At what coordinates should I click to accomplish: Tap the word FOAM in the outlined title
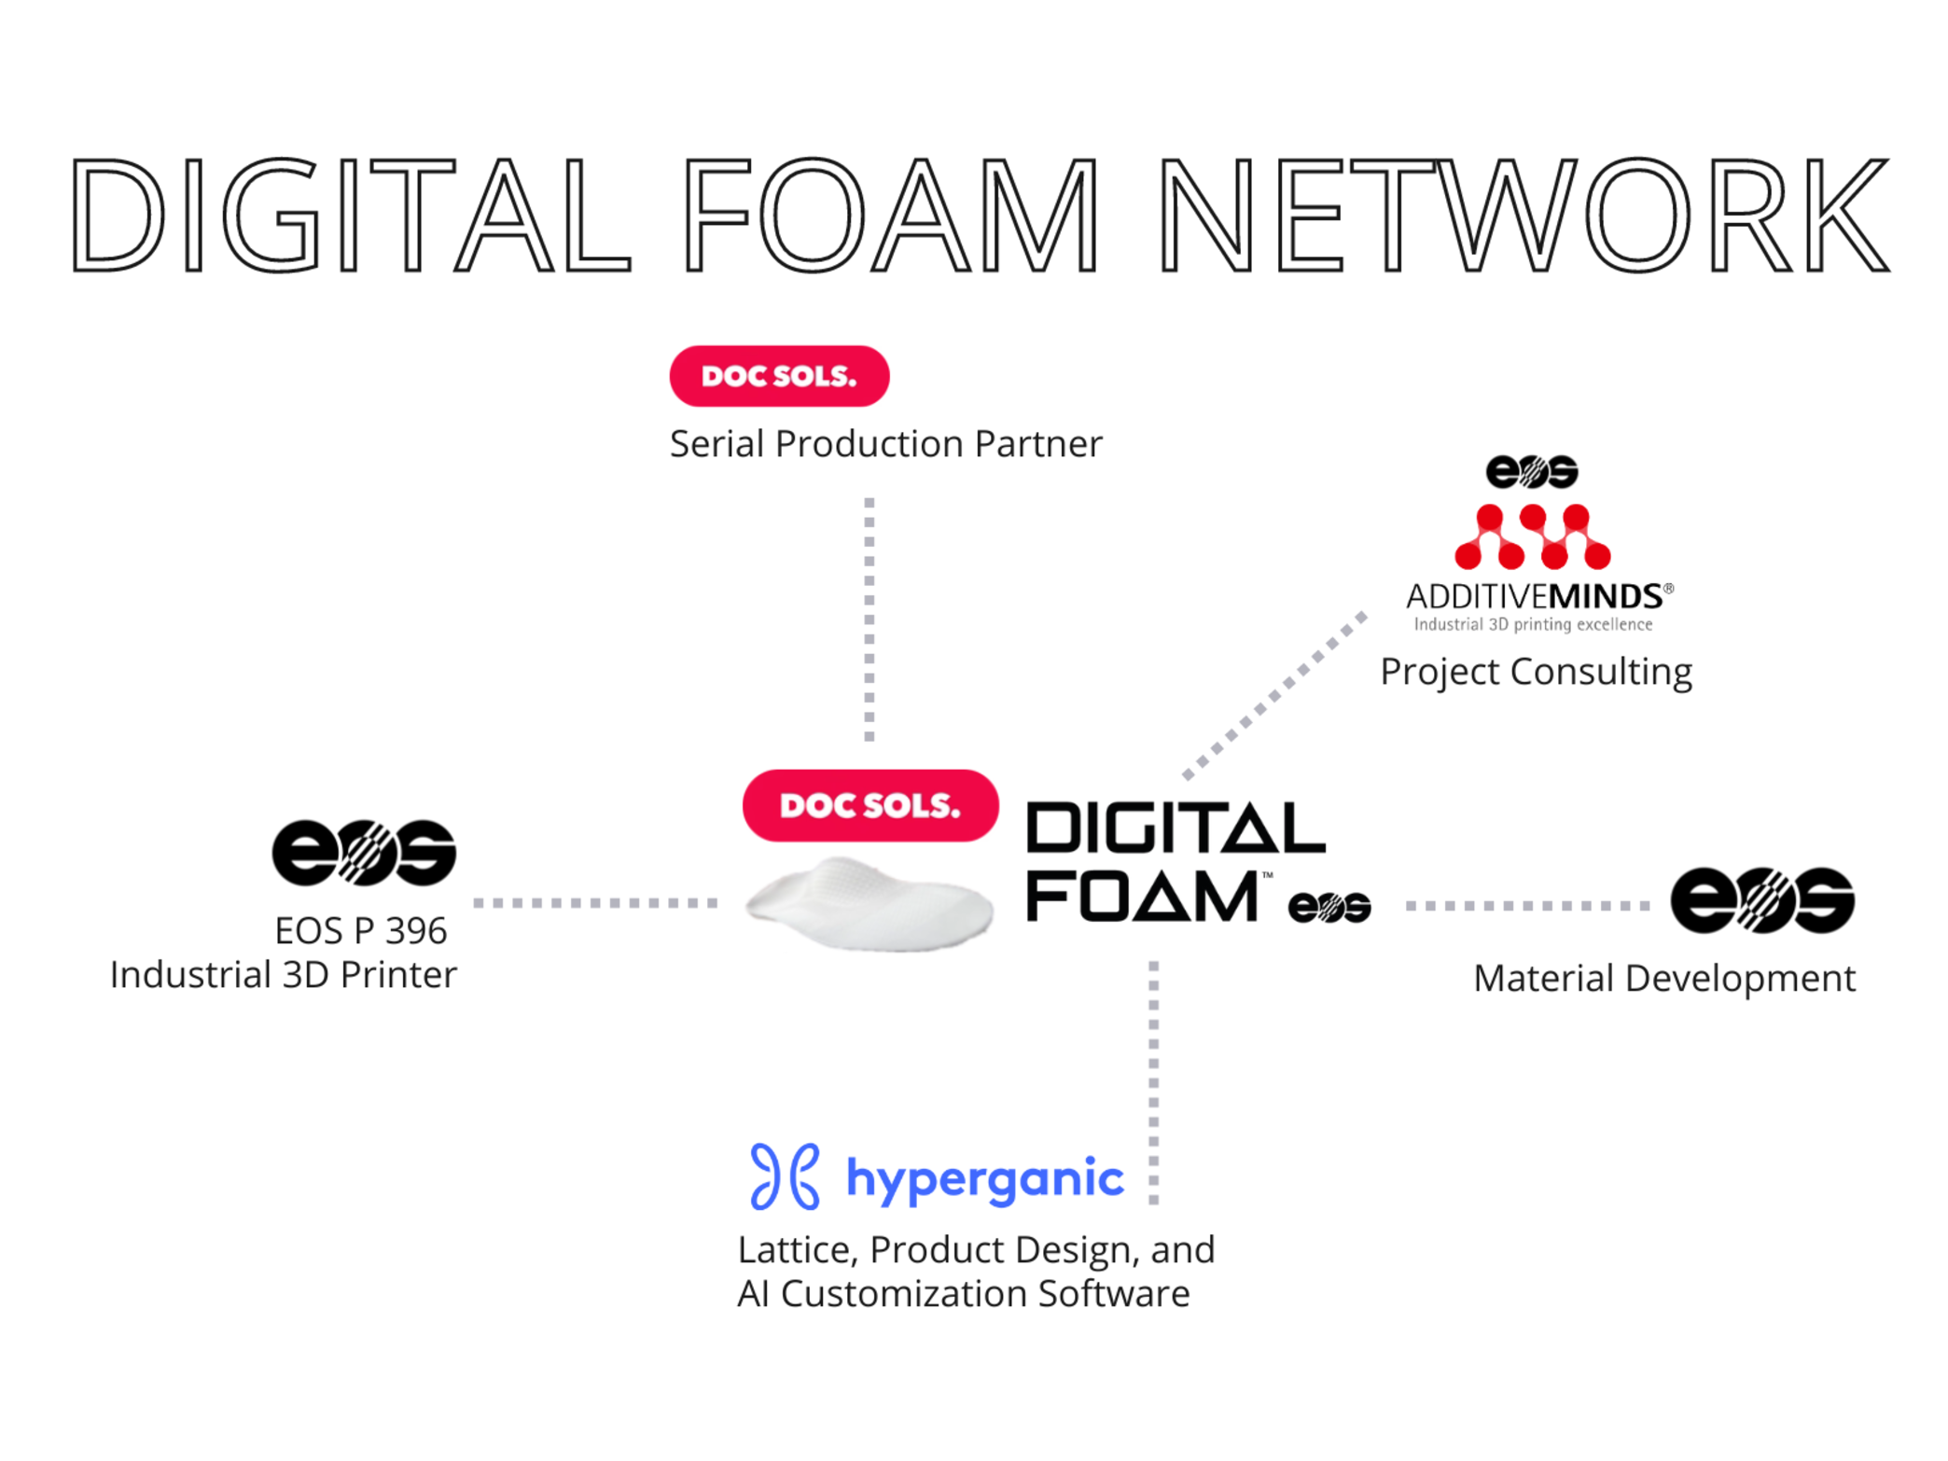tap(891, 215)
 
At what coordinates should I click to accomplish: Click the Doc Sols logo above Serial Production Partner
tap(779, 376)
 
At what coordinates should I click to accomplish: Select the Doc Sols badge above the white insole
tap(870, 805)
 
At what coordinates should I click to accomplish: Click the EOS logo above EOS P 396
tap(364, 852)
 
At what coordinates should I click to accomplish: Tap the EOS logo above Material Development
tap(1761, 899)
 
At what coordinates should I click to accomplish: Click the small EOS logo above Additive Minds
tap(1531, 471)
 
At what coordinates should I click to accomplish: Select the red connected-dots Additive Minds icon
tap(1532, 536)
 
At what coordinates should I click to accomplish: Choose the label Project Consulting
tap(1536, 672)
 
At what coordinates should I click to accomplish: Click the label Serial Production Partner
tap(885, 444)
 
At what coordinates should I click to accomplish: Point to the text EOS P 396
tap(360, 930)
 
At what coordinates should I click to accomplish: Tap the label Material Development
tap(1663, 979)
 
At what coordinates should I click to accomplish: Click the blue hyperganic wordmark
tap(984, 1178)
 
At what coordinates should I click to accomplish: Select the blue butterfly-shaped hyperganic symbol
tap(785, 1176)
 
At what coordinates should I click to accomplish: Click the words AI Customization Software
tap(963, 1294)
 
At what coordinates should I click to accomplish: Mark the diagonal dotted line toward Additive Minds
tap(1273, 696)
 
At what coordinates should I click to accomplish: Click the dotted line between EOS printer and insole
tap(595, 902)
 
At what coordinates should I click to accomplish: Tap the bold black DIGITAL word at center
tap(1175, 828)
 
